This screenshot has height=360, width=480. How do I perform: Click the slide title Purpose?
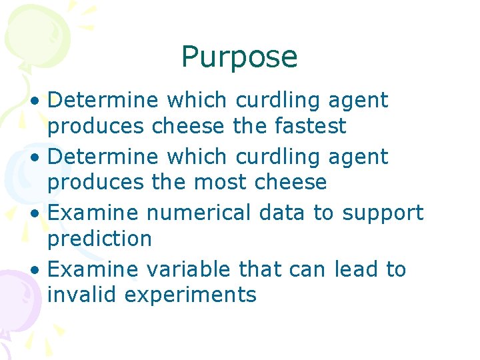[x=239, y=57]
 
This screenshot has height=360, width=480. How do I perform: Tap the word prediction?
[x=100, y=239]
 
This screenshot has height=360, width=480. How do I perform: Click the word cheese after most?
[x=295, y=182]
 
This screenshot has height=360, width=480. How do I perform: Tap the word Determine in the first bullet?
[x=103, y=101]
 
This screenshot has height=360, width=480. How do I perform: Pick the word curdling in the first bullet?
[x=279, y=101]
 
